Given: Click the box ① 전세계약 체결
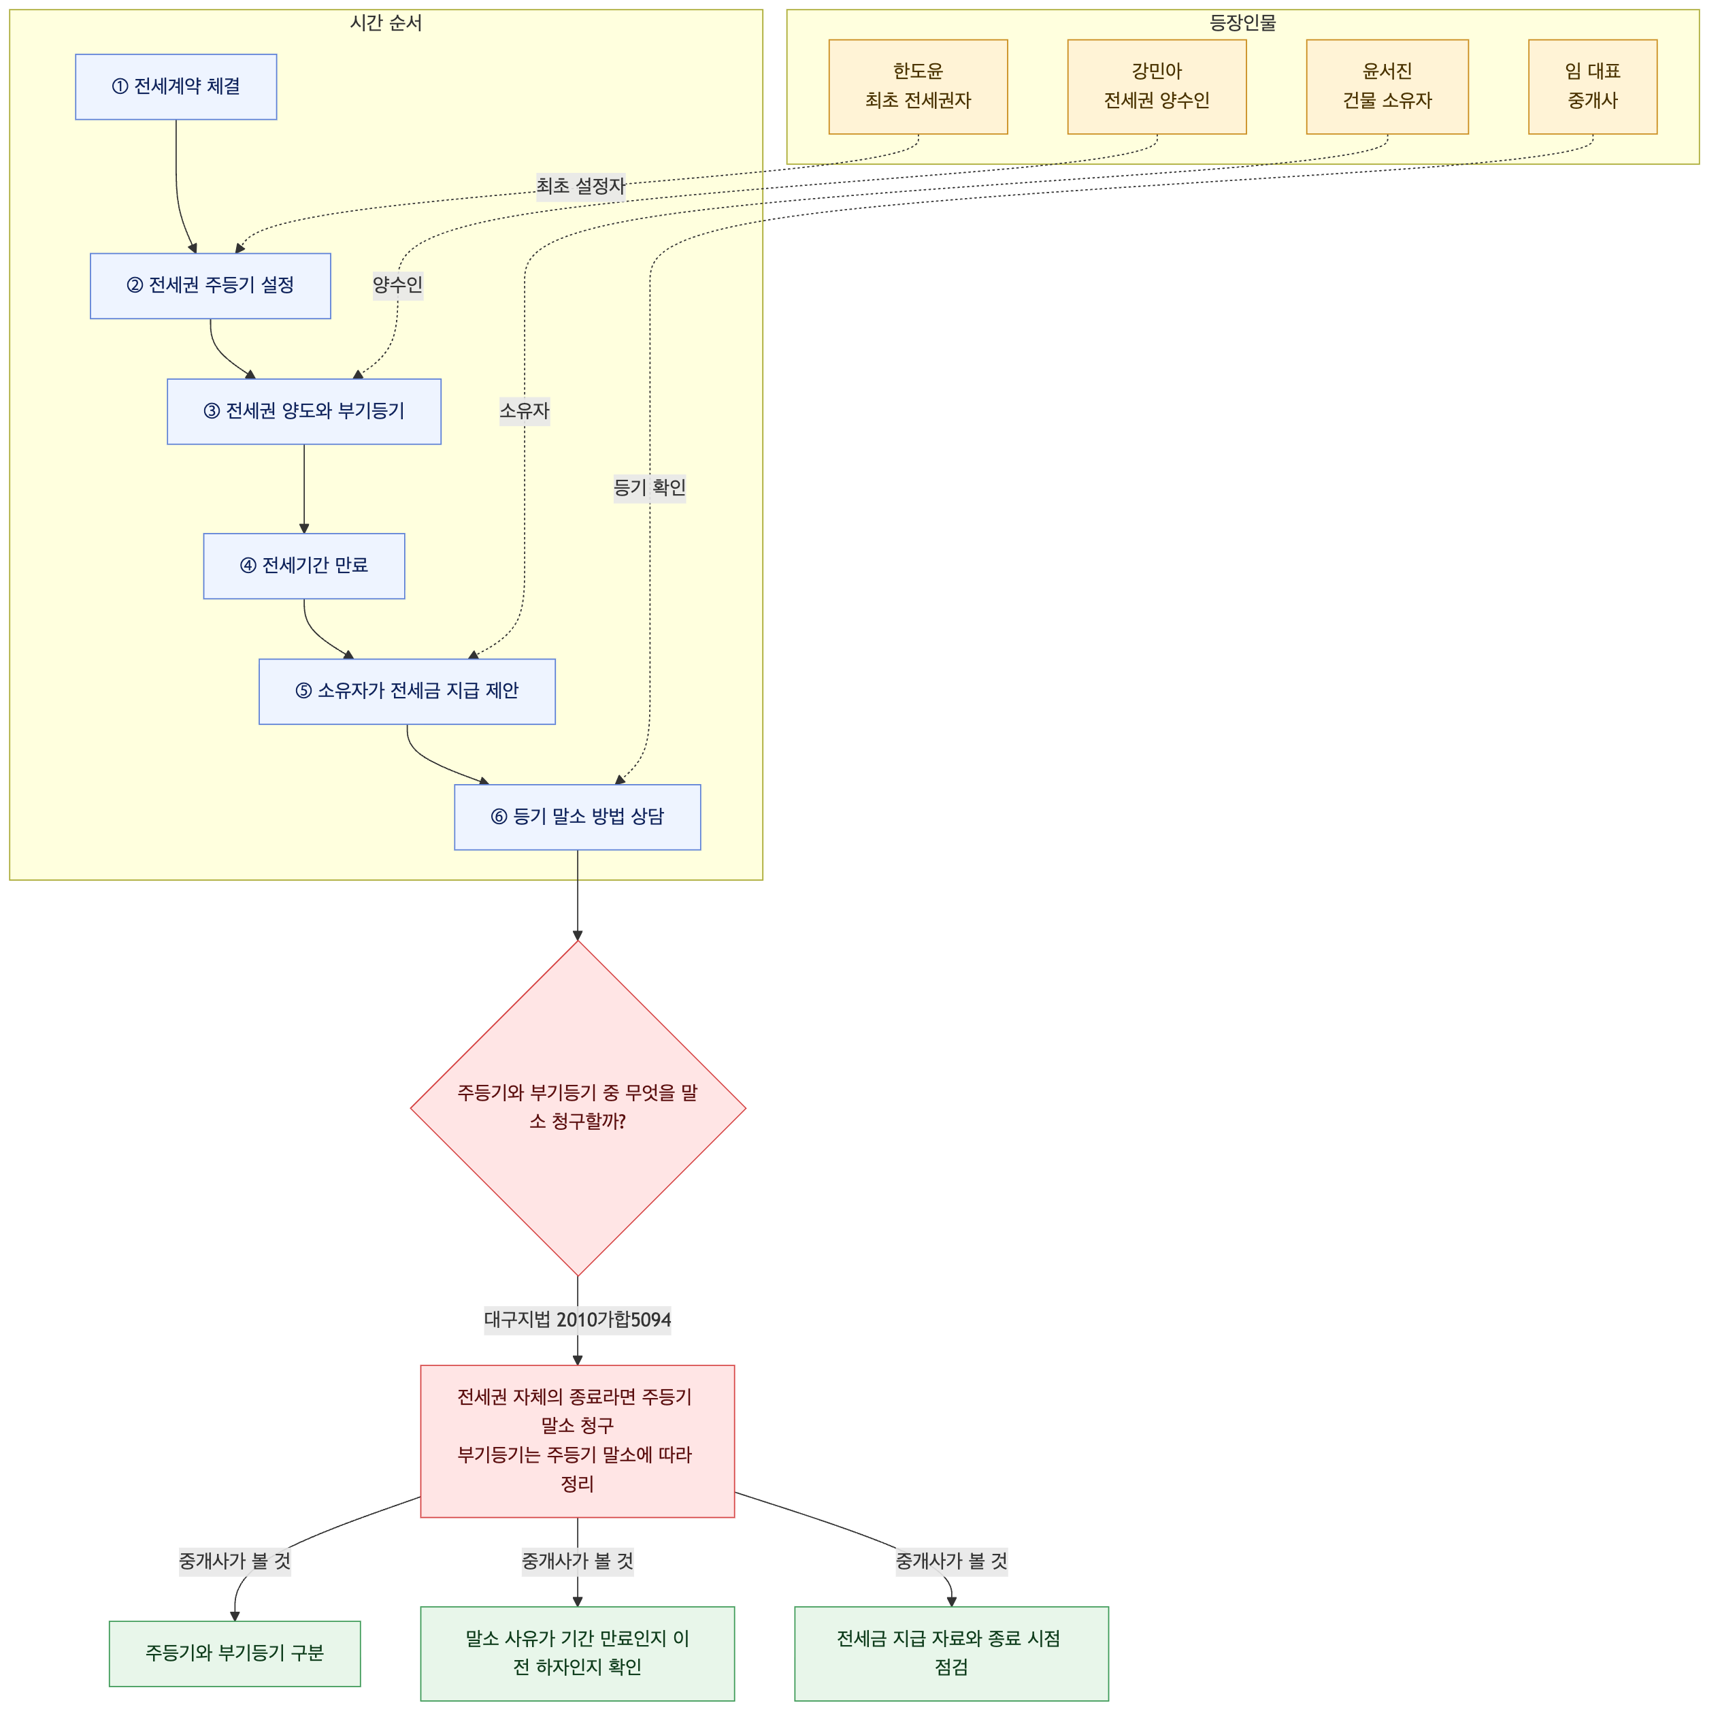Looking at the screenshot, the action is (x=176, y=86).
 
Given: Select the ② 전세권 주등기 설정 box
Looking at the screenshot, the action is (x=210, y=286).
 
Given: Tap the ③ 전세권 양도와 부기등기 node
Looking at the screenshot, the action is (x=304, y=412).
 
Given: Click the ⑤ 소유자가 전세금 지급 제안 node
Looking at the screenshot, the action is (x=408, y=692).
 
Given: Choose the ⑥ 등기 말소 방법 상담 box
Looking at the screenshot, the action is (x=578, y=817).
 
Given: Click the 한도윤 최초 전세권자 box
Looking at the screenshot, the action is (x=918, y=86).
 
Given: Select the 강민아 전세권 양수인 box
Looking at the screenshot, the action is (x=1157, y=86).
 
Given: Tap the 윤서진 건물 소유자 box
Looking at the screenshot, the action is (x=1387, y=86).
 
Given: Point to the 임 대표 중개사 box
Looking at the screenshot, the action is (x=1593, y=86).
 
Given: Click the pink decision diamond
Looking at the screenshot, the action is (x=578, y=1108).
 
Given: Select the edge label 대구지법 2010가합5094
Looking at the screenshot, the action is (x=578, y=1320).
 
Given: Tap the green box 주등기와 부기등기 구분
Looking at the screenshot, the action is (x=234, y=1653).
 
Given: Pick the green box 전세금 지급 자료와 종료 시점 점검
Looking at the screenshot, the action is (x=952, y=1653).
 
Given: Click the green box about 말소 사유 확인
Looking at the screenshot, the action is (x=578, y=1653).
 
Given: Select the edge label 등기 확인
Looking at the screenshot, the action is (x=650, y=487).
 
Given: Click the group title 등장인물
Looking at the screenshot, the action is (x=1242, y=23).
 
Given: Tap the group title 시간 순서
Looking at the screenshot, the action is (x=386, y=23).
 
